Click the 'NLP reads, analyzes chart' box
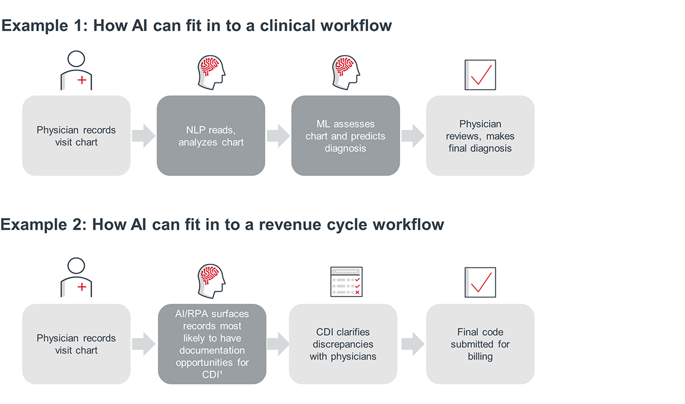tap(210, 135)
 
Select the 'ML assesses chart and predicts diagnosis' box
tap(345, 135)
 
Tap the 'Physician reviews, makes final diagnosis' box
tap(480, 135)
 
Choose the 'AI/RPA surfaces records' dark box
tap(212, 343)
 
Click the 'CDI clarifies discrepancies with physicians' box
tap(342, 343)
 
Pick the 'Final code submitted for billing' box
tap(480, 343)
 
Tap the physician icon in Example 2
tap(76, 277)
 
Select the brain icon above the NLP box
tap(210, 72)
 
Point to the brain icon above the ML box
tap(345, 72)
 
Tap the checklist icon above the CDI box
tap(345, 282)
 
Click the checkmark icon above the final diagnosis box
tap(480, 74)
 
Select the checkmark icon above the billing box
tap(480, 282)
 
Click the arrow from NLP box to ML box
tap(278, 135)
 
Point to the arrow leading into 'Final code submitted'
tap(413, 343)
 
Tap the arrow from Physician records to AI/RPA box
tap(143, 343)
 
